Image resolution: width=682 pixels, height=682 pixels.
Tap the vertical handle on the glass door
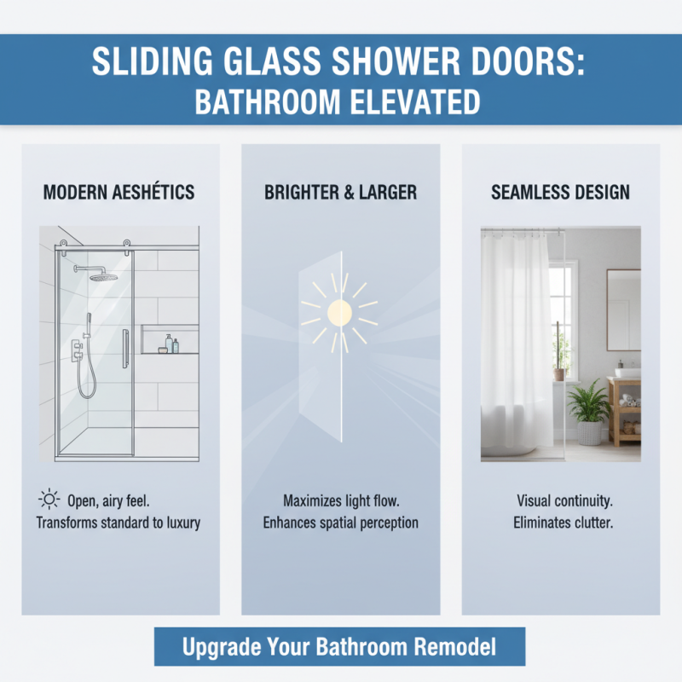[126, 348]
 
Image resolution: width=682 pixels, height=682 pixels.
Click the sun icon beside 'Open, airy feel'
[49, 500]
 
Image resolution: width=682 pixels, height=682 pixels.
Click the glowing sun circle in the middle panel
[340, 311]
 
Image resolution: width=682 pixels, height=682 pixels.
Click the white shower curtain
[517, 341]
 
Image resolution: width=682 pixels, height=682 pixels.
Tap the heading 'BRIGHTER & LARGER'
[340, 193]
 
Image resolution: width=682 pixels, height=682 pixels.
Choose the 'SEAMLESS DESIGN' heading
[559, 193]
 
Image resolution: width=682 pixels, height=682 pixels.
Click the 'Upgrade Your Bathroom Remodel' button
[339, 646]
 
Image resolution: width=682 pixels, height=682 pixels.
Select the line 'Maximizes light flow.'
[340, 500]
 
